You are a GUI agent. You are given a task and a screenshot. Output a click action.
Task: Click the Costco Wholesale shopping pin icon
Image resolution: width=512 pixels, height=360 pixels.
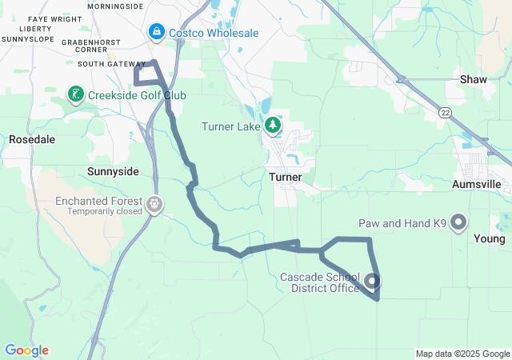point(155,33)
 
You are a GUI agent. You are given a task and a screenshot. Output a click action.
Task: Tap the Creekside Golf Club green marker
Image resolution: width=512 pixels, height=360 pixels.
point(76,95)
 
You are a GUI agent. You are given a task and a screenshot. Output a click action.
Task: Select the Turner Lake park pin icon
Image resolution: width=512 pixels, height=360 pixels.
point(274,126)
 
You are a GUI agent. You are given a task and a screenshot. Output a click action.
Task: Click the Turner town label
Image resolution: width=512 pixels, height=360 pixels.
point(285,176)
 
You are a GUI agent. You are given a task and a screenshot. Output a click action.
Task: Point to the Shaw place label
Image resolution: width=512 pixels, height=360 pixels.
point(474,79)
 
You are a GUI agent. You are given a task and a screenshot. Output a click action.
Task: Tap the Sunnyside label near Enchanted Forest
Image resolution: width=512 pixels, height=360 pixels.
point(112,171)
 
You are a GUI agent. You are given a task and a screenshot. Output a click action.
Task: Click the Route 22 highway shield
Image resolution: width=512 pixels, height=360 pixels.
point(445,114)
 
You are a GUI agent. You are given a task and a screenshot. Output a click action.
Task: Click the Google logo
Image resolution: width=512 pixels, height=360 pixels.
point(26,350)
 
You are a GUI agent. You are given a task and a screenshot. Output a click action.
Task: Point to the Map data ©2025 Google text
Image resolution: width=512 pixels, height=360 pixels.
point(462,354)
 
